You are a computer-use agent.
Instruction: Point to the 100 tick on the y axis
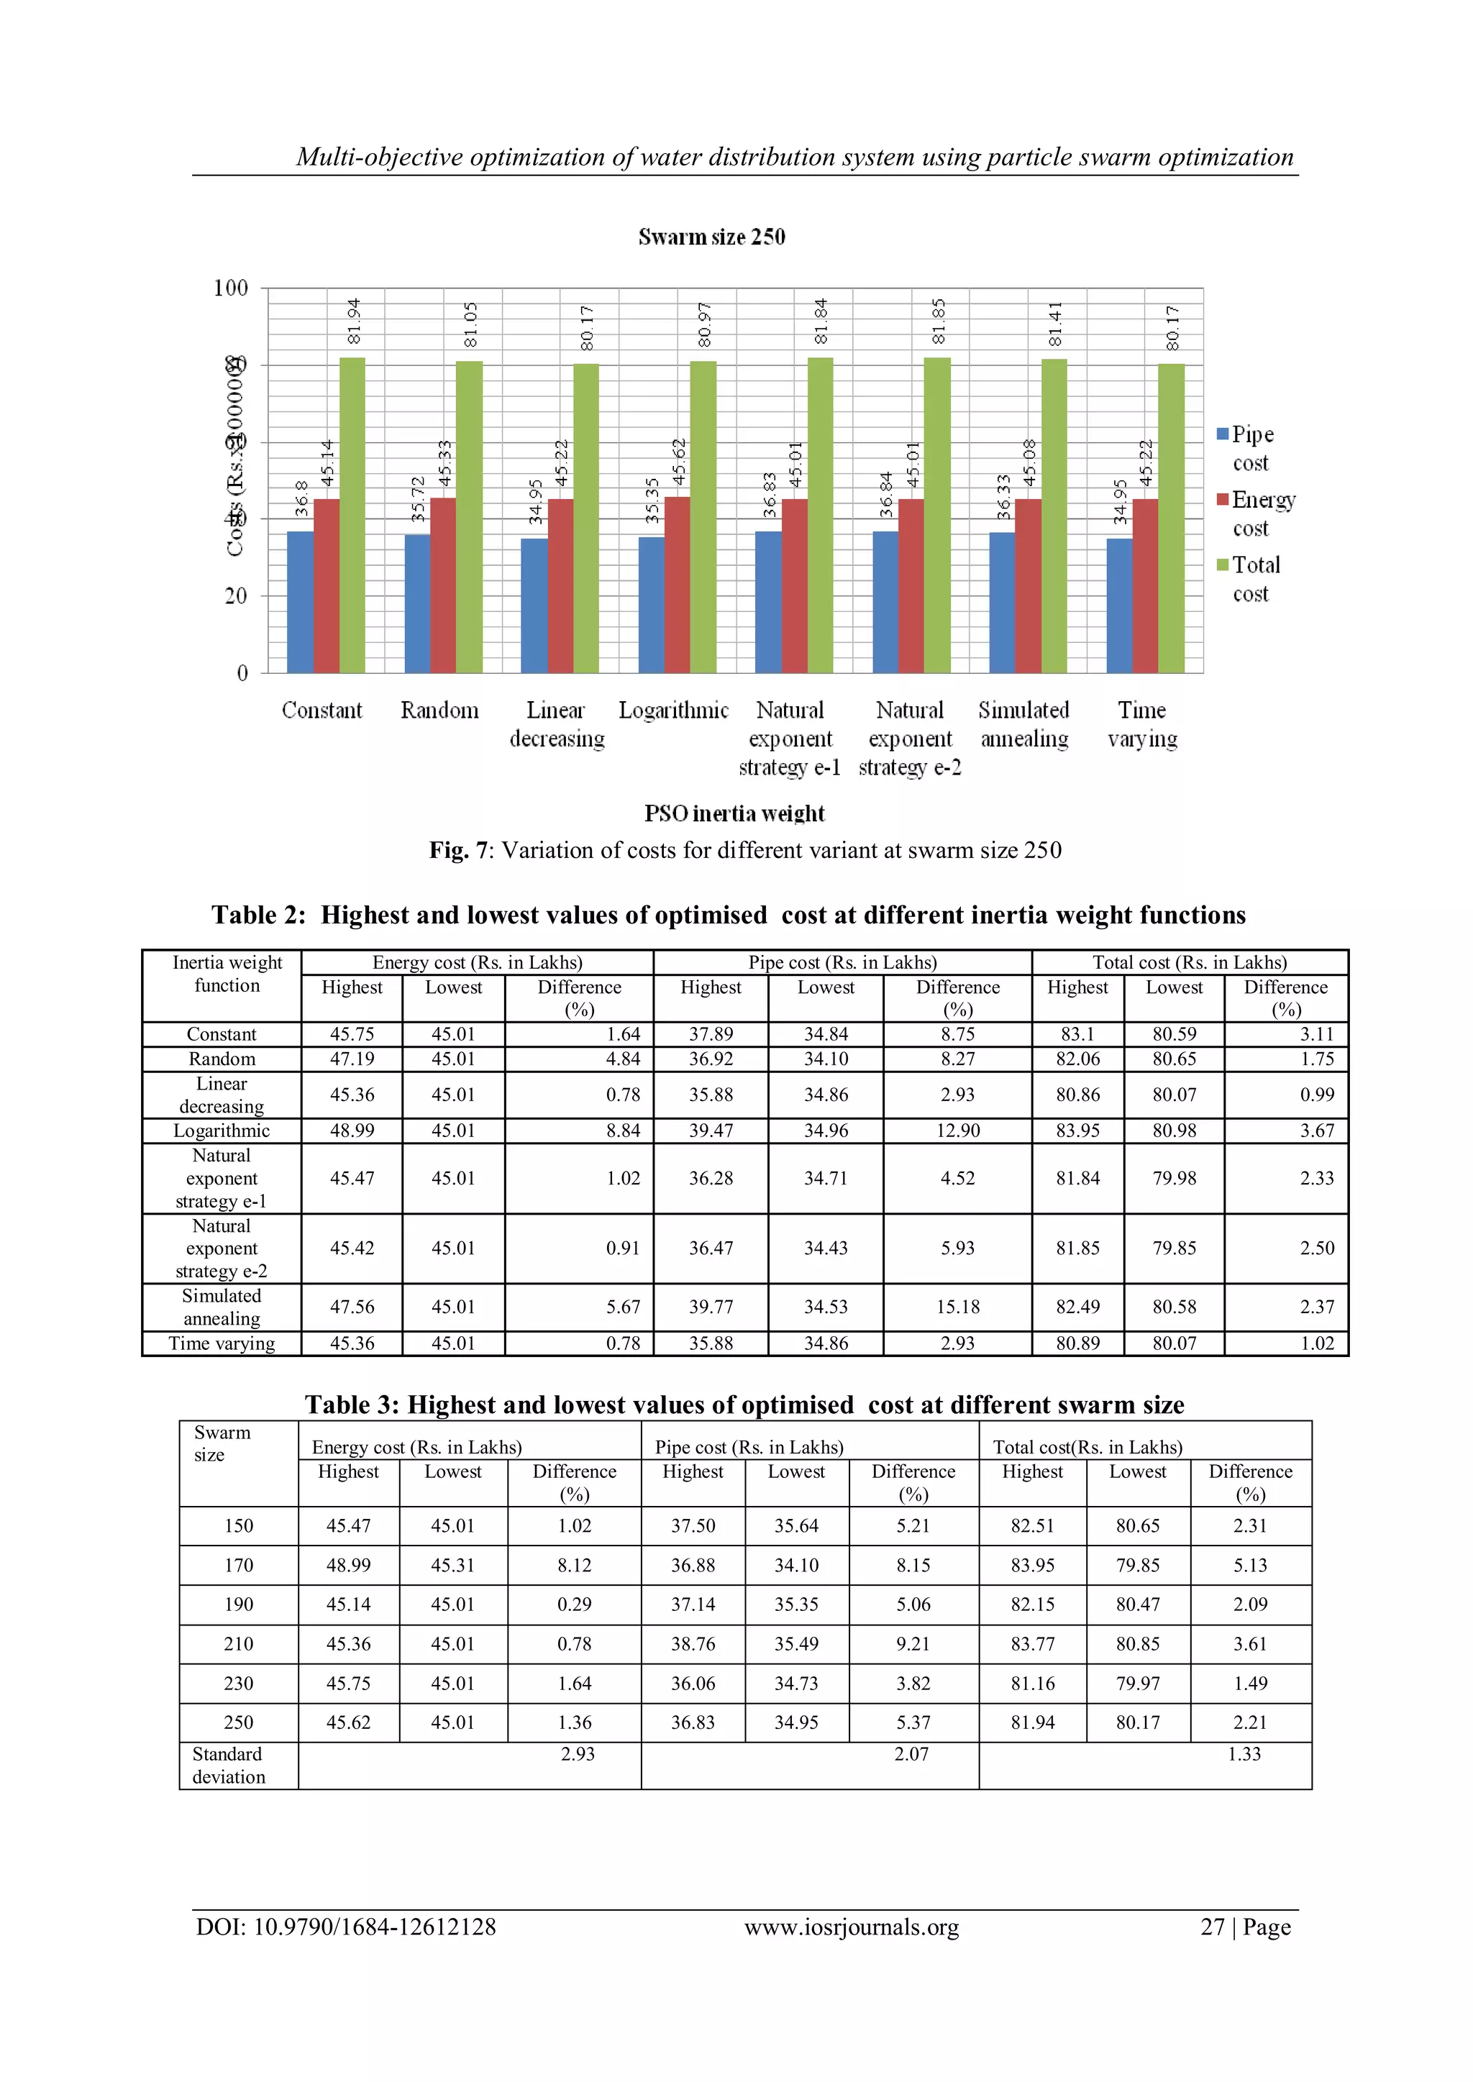(x=230, y=288)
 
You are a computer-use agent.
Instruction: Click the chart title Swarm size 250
(x=711, y=237)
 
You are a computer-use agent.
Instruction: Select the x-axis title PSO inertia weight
(x=734, y=813)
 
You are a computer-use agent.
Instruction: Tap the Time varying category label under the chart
(x=1142, y=723)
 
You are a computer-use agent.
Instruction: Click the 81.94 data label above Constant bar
(x=355, y=321)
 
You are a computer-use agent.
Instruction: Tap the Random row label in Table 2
(x=222, y=1059)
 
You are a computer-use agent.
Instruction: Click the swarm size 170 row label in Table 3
(x=239, y=1565)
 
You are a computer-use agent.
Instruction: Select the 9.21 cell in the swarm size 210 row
(x=913, y=1643)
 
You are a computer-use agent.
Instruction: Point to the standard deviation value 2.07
(x=911, y=1754)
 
